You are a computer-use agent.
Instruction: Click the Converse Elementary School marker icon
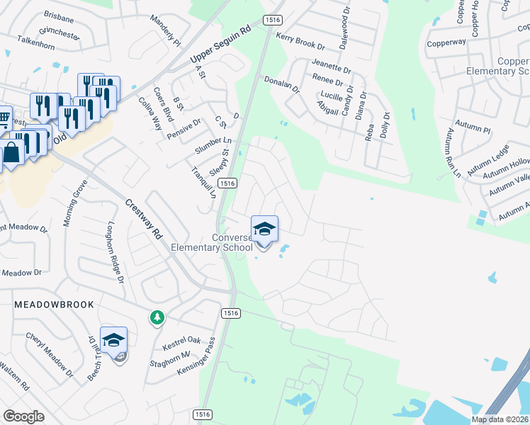[x=264, y=229]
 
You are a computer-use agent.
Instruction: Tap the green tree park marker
[x=156, y=319]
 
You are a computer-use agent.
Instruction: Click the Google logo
[x=23, y=416]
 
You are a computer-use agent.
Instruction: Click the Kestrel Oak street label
[x=181, y=344]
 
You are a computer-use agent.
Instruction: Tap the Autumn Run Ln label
[x=453, y=152]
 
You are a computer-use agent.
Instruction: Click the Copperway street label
[x=446, y=42]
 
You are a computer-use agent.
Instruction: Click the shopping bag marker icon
[x=12, y=152]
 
